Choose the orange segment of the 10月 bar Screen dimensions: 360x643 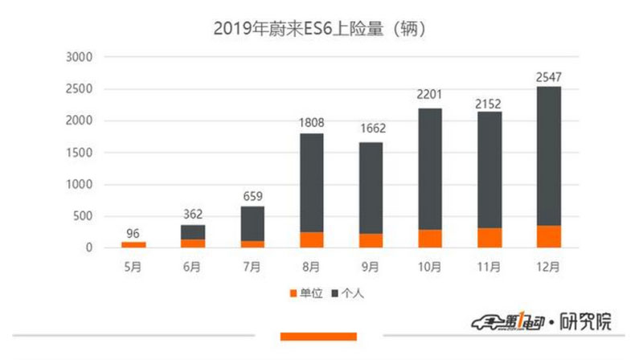tap(430, 239)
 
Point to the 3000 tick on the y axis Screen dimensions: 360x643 tap(80, 58)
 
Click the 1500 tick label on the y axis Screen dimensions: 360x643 tap(80, 153)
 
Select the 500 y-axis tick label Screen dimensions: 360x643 tap(84, 216)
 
